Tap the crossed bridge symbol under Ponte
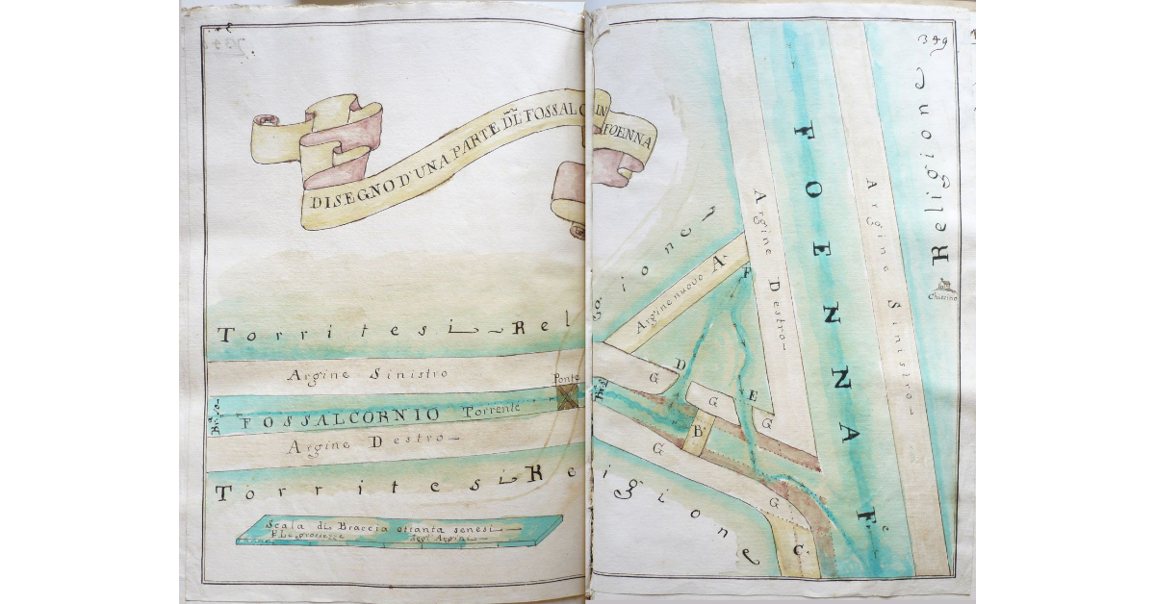pos(569,395)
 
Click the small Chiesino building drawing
pos(943,286)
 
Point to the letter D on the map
pos(680,364)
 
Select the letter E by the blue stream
pos(754,393)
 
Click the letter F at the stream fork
pos(743,273)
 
